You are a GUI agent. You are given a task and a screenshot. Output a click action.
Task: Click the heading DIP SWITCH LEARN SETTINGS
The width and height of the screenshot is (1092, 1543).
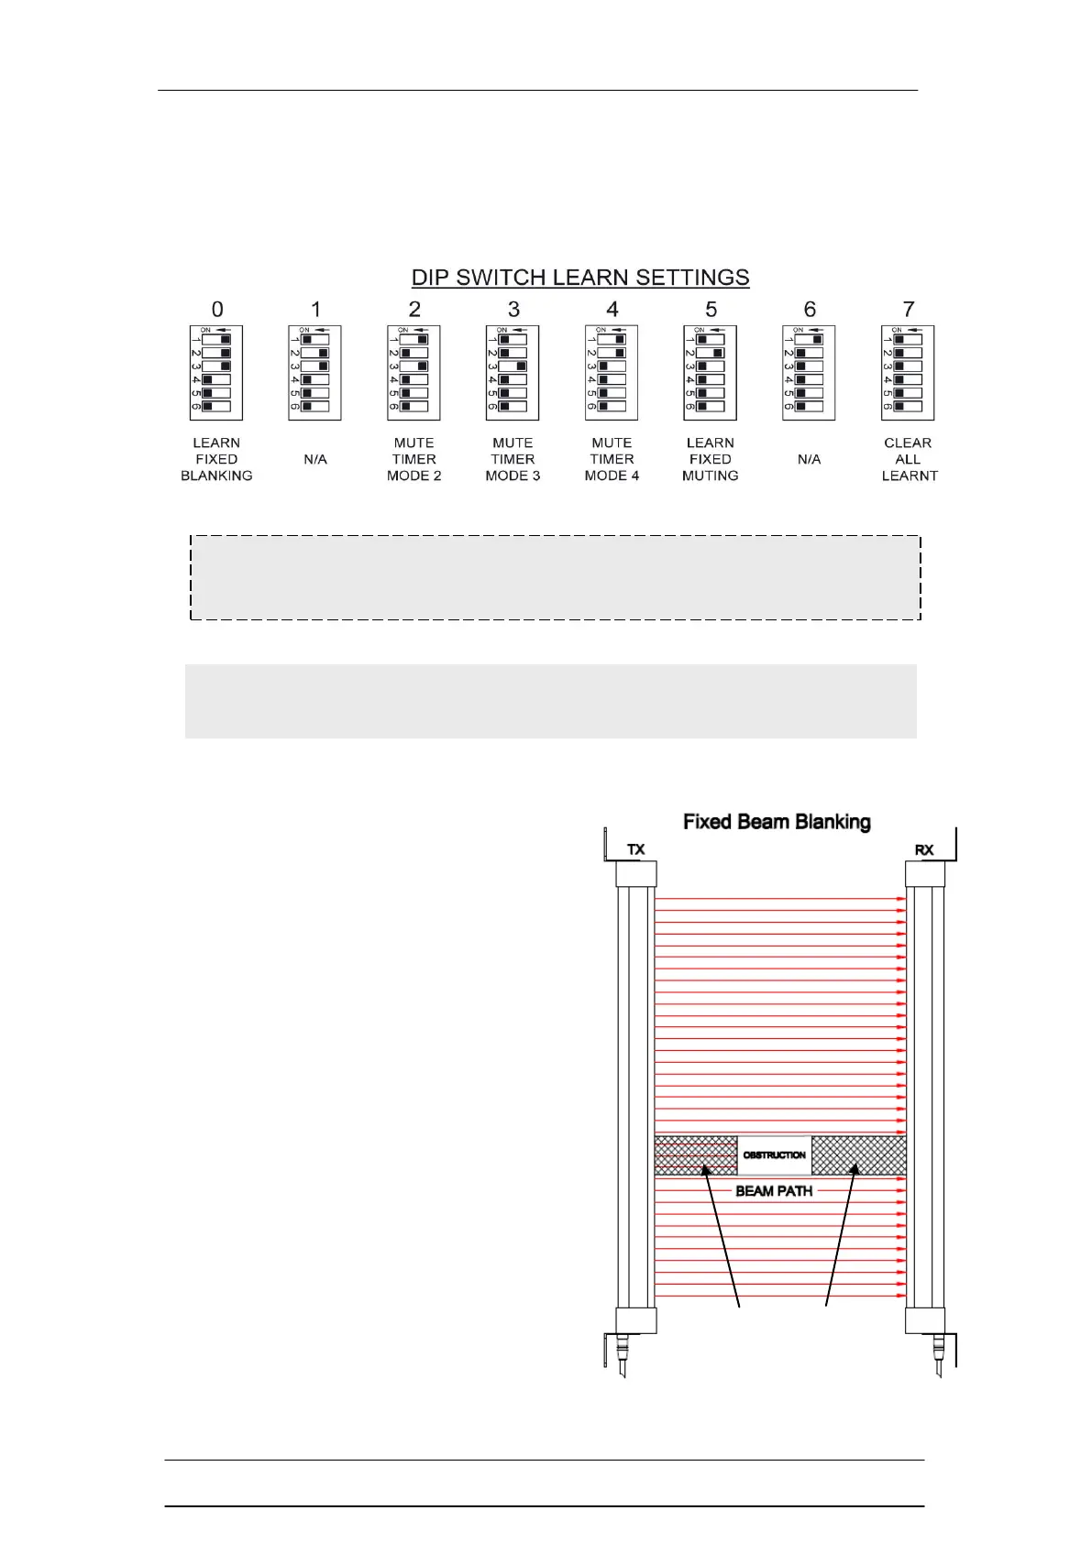[x=579, y=277]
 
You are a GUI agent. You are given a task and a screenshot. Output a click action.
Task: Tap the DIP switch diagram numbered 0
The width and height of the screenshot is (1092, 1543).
[x=216, y=373]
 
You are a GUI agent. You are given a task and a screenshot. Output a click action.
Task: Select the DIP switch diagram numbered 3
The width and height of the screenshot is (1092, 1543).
[x=513, y=373]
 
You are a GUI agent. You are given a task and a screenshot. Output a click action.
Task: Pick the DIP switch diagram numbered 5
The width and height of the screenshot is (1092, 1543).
[x=710, y=373]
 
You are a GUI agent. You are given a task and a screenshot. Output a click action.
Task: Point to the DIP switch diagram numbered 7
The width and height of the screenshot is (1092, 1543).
[x=908, y=373]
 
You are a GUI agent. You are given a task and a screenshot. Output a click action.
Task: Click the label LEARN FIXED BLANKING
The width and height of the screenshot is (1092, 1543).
[x=216, y=459]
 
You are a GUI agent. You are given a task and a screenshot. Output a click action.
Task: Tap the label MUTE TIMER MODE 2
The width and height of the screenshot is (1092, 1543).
[x=414, y=459]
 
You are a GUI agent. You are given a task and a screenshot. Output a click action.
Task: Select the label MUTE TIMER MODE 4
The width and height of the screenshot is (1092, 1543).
[x=612, y=459]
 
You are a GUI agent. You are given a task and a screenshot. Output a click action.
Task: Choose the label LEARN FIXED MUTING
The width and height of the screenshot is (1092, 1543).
[x=710, y=459]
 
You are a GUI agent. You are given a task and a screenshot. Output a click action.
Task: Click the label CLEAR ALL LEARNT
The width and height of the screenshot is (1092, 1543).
[x=909, y=459]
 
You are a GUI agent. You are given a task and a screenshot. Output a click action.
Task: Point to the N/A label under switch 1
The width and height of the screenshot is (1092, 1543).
[x=315, y=459]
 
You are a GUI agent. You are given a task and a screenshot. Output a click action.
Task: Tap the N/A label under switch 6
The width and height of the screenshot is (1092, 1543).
[x=809, y=459]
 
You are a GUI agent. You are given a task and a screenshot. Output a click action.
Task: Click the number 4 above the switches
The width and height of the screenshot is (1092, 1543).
[x=612, y=310]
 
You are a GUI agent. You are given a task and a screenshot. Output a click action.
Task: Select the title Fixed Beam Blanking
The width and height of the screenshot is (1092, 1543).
[x=777, y=822]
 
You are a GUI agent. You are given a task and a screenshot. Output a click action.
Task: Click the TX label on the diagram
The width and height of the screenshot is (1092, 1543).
[x=635, y=849]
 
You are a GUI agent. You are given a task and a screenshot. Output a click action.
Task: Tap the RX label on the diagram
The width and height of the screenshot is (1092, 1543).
[x=923, y=849]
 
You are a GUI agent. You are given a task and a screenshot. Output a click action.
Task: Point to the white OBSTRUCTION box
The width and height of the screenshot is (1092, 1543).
[x=775, y=1155]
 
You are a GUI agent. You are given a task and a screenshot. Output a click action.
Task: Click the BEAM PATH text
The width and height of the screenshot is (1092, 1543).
[x=774, y=1191]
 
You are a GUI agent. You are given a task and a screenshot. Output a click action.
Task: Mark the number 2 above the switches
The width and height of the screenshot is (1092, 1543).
[x=414, y=310]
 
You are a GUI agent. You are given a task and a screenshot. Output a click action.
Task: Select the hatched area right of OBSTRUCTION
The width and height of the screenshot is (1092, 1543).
[x=858, y=1155]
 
